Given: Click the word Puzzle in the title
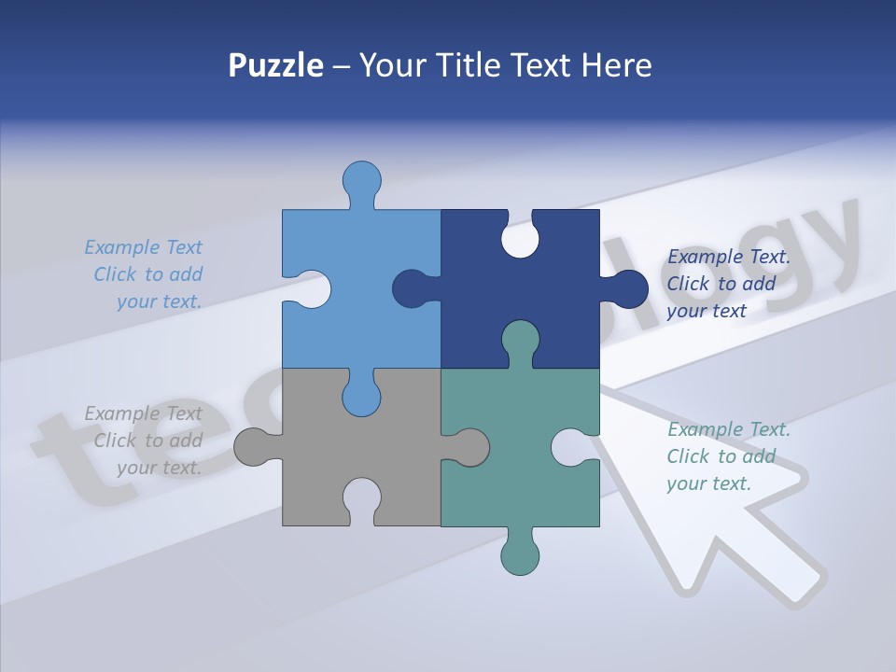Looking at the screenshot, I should (x=276, y=65).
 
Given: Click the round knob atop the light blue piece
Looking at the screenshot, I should (x=361, y=179).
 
